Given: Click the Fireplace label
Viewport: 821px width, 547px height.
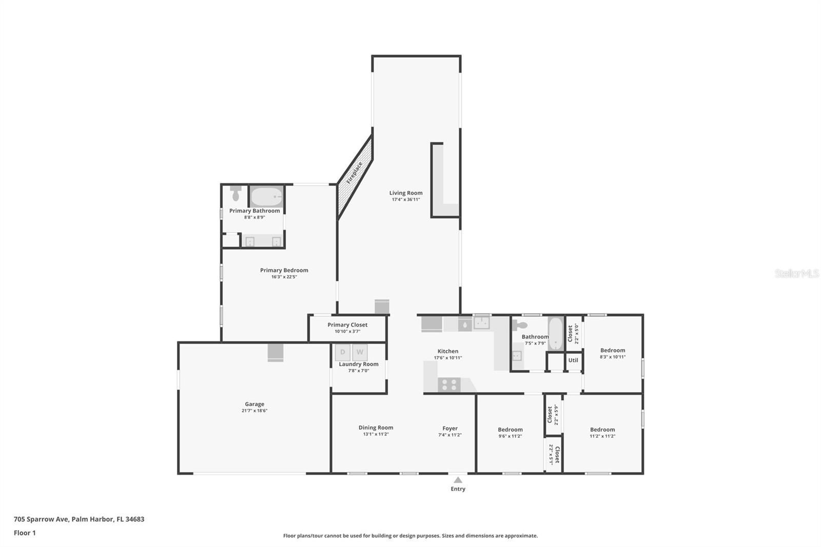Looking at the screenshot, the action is (354, 173).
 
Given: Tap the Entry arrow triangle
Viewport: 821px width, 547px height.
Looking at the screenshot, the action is (458, 480).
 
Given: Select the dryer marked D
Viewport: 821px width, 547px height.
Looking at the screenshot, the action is (343, 353).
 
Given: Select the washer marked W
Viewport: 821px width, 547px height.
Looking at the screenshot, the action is (360, 353).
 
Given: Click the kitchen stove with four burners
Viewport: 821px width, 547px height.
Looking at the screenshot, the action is (449, 384).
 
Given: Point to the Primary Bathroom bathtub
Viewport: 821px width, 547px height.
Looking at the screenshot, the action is (266, 197).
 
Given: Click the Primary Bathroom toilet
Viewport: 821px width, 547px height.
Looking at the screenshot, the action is (236, 193).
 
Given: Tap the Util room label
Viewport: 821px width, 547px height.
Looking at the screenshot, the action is (573, 360).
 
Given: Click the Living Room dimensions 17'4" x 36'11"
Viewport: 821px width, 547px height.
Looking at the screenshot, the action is (406, 200).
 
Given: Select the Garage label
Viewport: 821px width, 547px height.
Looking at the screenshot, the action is (255, 404).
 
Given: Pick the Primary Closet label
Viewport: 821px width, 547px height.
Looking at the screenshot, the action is (347, 325).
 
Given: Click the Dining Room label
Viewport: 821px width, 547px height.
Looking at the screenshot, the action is (376, 427).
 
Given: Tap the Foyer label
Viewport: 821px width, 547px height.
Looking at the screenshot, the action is (450, 428).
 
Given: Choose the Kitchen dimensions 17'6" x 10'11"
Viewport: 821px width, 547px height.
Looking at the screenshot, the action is (448, 358).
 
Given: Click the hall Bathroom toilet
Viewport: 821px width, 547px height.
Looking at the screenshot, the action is (519, 324).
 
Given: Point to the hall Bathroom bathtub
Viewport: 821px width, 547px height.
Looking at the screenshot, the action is (556, 333).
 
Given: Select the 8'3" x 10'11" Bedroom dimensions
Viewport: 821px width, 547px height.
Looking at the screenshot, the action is (613, 357).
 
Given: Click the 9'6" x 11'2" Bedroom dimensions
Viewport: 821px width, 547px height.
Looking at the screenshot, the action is (510, 436).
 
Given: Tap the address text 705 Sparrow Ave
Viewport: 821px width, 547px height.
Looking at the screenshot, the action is (41, 519).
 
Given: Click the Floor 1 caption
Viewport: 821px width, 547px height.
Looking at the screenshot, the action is (25, 533).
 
